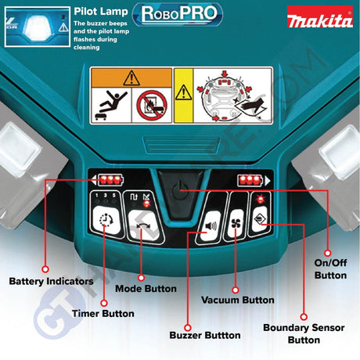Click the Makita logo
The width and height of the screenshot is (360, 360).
click(x=319, y=19)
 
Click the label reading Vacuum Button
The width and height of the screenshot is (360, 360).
click(x=237, y=300)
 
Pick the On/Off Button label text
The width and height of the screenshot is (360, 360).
click(x=330, y=269)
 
